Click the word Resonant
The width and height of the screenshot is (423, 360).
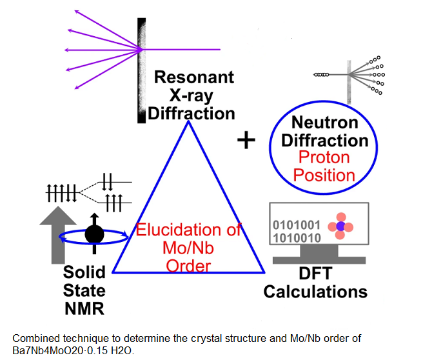pos(194,77)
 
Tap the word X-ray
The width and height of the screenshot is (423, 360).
pos(191,95)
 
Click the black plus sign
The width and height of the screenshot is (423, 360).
pos(246,140)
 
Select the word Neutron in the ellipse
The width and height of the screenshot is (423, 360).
pos(325,123)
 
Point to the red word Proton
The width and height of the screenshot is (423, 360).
pos(324,157)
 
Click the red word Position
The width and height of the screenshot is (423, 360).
pos(324,175)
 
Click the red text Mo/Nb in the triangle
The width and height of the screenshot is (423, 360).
pos(188,248)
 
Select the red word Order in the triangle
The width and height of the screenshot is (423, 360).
pos(188,266)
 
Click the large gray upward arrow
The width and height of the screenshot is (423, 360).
pos(58,235)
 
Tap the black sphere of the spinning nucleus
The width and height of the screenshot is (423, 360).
pos(94,234)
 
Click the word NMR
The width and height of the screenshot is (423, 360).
pos(84,308)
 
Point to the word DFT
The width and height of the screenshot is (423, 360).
pos(315,274)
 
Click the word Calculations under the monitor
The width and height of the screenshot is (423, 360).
pos(315,292)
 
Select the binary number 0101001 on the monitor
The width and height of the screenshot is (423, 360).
pos(297,225)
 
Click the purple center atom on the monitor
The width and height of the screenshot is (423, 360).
pos(340,226)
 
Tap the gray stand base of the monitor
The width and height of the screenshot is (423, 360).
pos(319,260)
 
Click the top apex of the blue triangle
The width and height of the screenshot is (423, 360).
pos(188,121)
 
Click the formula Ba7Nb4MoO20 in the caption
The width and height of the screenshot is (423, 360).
pos(48,350)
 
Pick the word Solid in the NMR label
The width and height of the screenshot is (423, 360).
pos(84,272)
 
